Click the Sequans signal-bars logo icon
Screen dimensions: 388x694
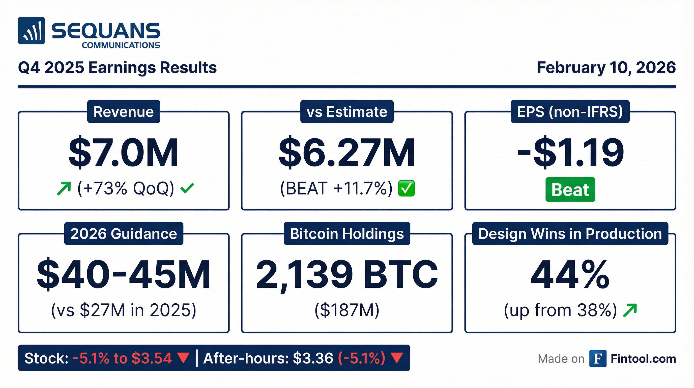31,31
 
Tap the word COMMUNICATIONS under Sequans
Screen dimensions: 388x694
121,45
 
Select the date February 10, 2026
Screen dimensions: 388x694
606,67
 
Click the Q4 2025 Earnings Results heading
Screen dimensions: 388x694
117,67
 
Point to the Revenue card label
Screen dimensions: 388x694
124,112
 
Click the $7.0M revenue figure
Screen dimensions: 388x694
124,153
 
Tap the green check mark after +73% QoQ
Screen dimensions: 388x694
187,188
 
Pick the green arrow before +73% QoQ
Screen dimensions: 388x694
64,188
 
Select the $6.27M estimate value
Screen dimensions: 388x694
347,153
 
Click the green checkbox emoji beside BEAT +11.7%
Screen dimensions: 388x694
407,188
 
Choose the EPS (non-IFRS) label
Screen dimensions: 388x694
570,112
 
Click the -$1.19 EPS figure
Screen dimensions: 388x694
570,153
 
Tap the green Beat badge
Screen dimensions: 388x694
570,189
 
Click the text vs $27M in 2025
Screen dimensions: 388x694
124,310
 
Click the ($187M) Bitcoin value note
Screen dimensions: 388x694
347,310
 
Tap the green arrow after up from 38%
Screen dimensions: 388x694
630,310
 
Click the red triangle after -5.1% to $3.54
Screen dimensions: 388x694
184,358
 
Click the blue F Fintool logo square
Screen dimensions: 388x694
598,359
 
